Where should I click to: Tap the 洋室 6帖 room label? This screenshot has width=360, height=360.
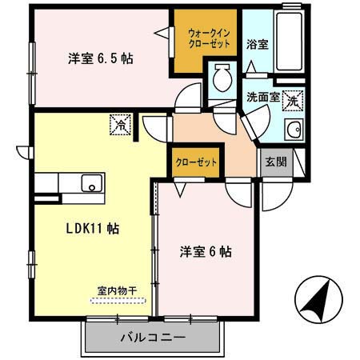[x=205, y=251]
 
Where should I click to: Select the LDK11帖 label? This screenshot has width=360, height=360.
[x=92, y=228]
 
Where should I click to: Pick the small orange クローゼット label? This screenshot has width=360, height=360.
[x=196, y=162]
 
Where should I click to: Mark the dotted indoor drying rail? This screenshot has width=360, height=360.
[x=118, y=301]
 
